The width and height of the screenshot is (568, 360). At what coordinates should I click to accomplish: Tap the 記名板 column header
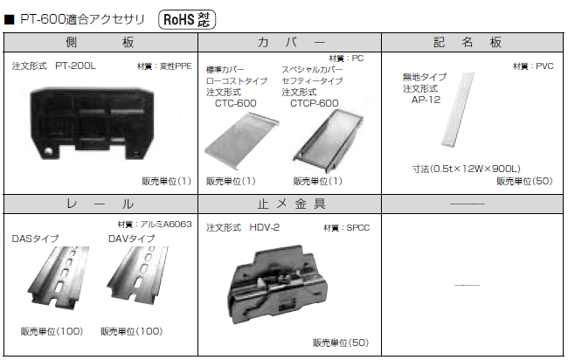point(472,41)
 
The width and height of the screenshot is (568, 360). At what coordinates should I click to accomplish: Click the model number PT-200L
point(76,65)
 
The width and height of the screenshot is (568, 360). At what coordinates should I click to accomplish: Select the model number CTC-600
point(234,102)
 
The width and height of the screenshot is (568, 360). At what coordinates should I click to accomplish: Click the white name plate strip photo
point(458,109)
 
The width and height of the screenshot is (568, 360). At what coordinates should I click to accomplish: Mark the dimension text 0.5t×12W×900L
point(467,169)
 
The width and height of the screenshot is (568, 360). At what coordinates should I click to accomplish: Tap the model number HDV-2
point(264,227)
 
